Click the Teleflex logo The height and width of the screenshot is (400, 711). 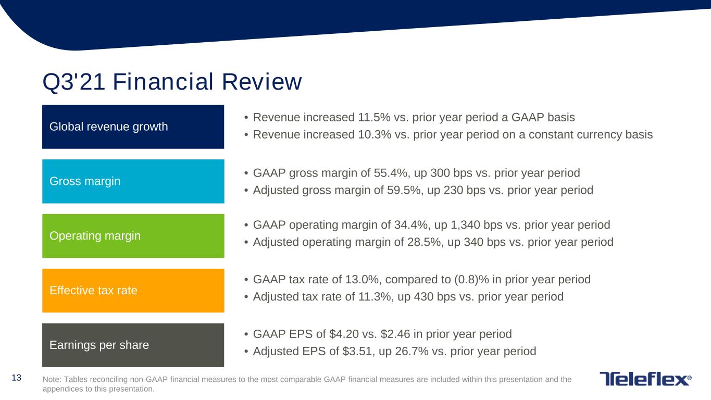click(x=645, y=379)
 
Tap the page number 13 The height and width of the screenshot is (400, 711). click(x=16, y=378)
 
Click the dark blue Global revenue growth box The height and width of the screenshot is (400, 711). click(x=133, y=127)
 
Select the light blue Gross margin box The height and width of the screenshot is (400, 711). click(x=133, y=181)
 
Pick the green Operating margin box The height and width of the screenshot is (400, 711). click(x=133, y=236)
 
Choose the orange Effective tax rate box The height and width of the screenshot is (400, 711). click(x=133, y=291)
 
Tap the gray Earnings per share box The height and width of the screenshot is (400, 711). click(x=133, y=345)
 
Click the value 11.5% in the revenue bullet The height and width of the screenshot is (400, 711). click(x=374, y=118)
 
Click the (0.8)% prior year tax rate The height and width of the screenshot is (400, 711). click(x=472, y=280)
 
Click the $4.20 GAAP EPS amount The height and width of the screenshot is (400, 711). click(x=344, y=334)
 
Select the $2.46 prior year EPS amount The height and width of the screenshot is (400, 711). click(x=395, y=334)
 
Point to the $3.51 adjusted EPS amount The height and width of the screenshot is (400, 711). click(x=356, y=352)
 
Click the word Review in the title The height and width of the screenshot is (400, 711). click(x=261, y=82)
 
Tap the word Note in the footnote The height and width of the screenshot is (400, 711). click(x=52, y=379)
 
